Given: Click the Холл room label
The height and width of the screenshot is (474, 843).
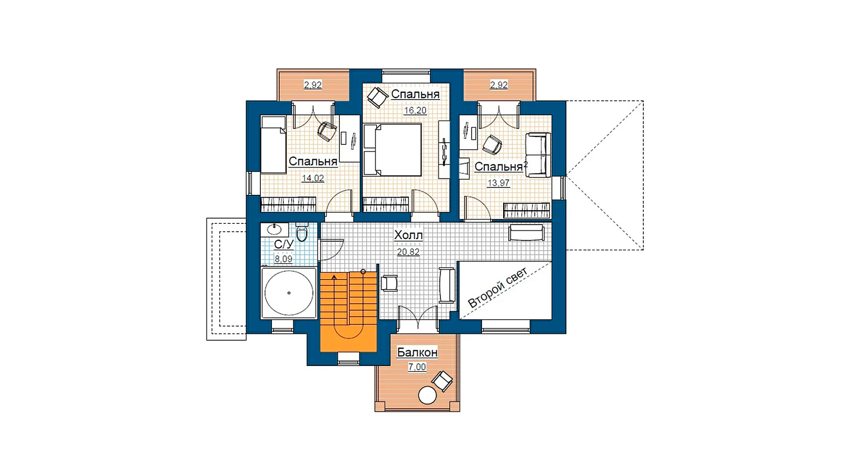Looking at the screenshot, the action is (408, 235).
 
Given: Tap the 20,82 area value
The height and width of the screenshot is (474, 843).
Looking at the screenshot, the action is (408, 252).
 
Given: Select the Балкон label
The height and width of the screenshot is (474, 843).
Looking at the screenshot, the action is (417, 352).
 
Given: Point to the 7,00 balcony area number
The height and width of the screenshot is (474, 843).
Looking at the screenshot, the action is (417, 367).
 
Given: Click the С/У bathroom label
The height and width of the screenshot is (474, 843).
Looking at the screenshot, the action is (284, 244).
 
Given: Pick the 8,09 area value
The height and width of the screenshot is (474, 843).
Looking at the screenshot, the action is (283, 259).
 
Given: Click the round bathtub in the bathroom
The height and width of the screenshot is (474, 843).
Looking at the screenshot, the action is (289, 293).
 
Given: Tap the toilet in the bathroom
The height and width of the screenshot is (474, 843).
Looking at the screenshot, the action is (302, 232).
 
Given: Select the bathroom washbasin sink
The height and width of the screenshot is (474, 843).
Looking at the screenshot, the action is (275, 229).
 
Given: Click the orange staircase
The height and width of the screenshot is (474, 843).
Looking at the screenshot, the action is (348, 312).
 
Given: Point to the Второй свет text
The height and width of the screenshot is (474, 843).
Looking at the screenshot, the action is (498, 288).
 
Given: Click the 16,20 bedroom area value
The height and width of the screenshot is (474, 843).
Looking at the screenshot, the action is (415, 111).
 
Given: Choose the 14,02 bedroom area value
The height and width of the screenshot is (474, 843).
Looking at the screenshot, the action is (313, 179).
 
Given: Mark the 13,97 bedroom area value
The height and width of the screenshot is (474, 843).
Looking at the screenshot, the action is (498, 183).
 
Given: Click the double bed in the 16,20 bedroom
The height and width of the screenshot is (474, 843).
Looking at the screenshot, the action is (392, 150).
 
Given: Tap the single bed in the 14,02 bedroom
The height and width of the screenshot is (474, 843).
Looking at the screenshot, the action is (273, 145).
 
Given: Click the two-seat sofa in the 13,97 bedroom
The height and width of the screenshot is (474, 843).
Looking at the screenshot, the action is (538, 155).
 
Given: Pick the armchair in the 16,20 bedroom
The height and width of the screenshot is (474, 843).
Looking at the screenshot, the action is (377, 97).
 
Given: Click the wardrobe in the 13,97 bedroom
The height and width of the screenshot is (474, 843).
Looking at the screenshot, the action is (527, 210).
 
